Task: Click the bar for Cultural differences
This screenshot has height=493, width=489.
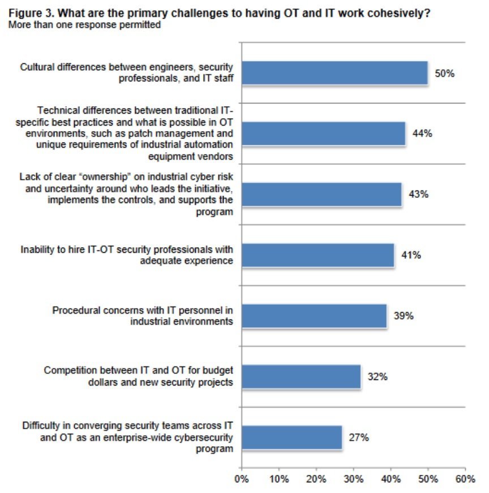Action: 334,73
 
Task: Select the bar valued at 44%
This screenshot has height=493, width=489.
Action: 323,133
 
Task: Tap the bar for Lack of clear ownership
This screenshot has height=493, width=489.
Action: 321,194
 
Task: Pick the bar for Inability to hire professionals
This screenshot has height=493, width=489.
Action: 318,255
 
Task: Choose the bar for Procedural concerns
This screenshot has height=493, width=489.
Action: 314,315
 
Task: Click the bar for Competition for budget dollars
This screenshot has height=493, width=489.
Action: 301,377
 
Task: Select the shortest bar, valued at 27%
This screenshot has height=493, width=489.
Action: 292,437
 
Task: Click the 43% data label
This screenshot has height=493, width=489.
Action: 418,194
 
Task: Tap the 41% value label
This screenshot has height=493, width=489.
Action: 411,255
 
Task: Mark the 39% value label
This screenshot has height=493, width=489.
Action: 404,315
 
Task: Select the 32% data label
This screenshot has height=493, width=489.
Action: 377,377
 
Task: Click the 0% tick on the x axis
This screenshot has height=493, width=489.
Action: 242,479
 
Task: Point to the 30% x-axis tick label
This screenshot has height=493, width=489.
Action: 353,479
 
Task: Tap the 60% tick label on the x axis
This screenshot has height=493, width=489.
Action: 465,479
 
